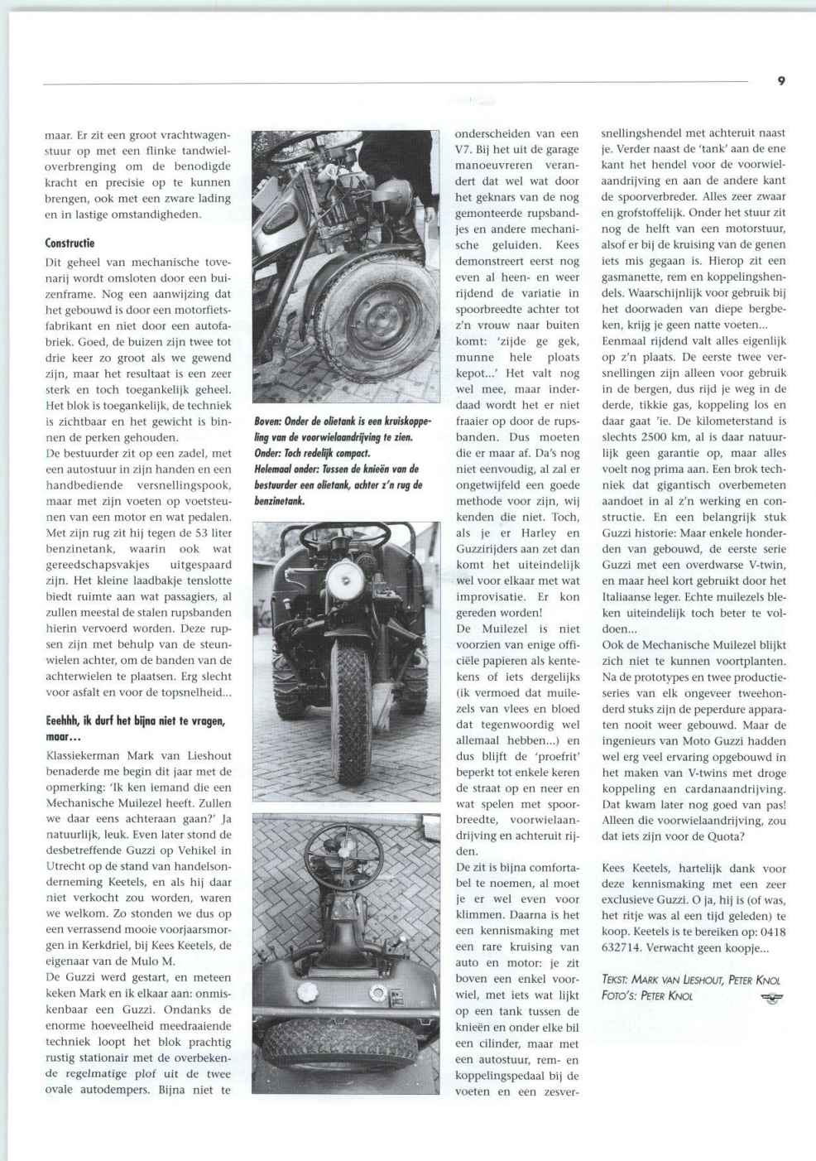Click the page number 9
coord(781,80)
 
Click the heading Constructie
coord(70,243)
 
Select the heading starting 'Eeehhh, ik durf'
coord(135,721)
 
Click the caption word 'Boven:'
coord(267,422)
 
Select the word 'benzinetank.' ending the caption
coord(280,501)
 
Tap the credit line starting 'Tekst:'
coord(689,980)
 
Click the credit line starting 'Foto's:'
coord(647,995)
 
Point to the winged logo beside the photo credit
coord(771,997)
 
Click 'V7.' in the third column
coord(465,149)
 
